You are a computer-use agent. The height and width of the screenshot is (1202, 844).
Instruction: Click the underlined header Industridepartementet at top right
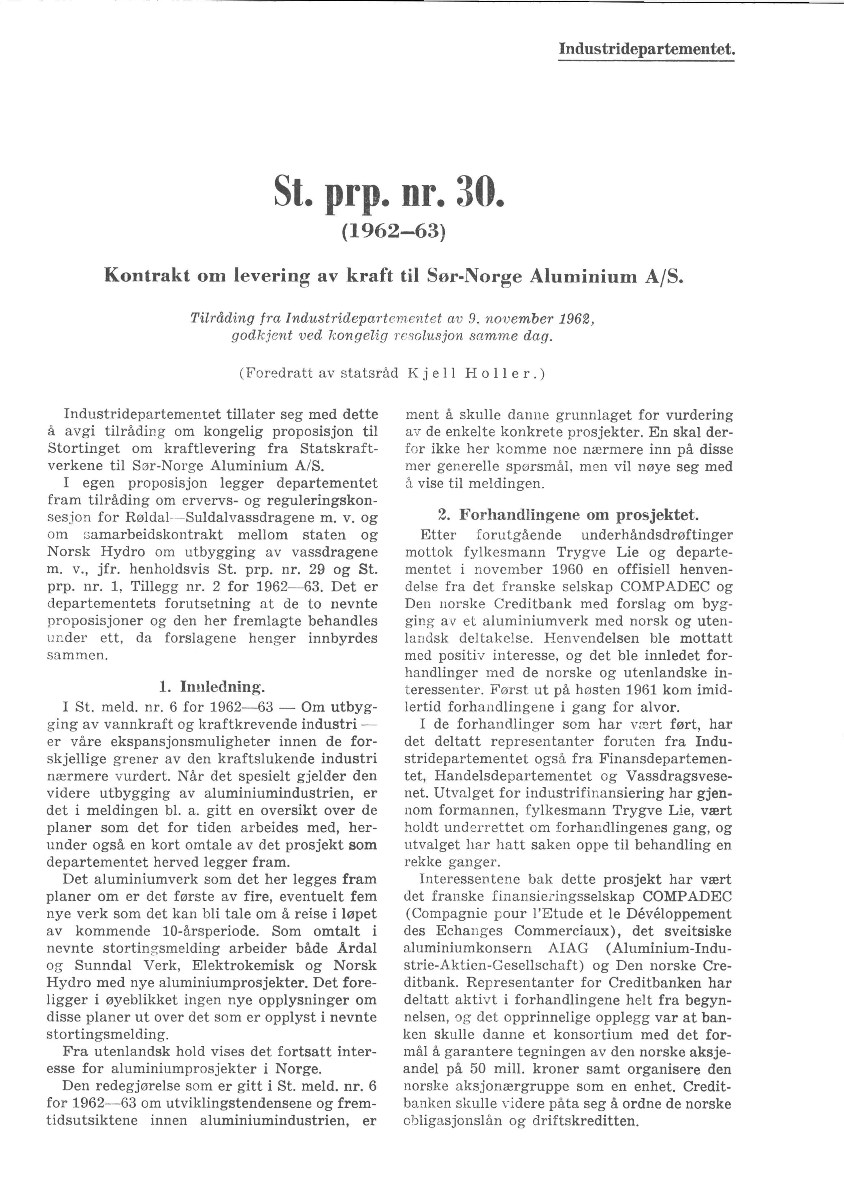coord(646,50)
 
